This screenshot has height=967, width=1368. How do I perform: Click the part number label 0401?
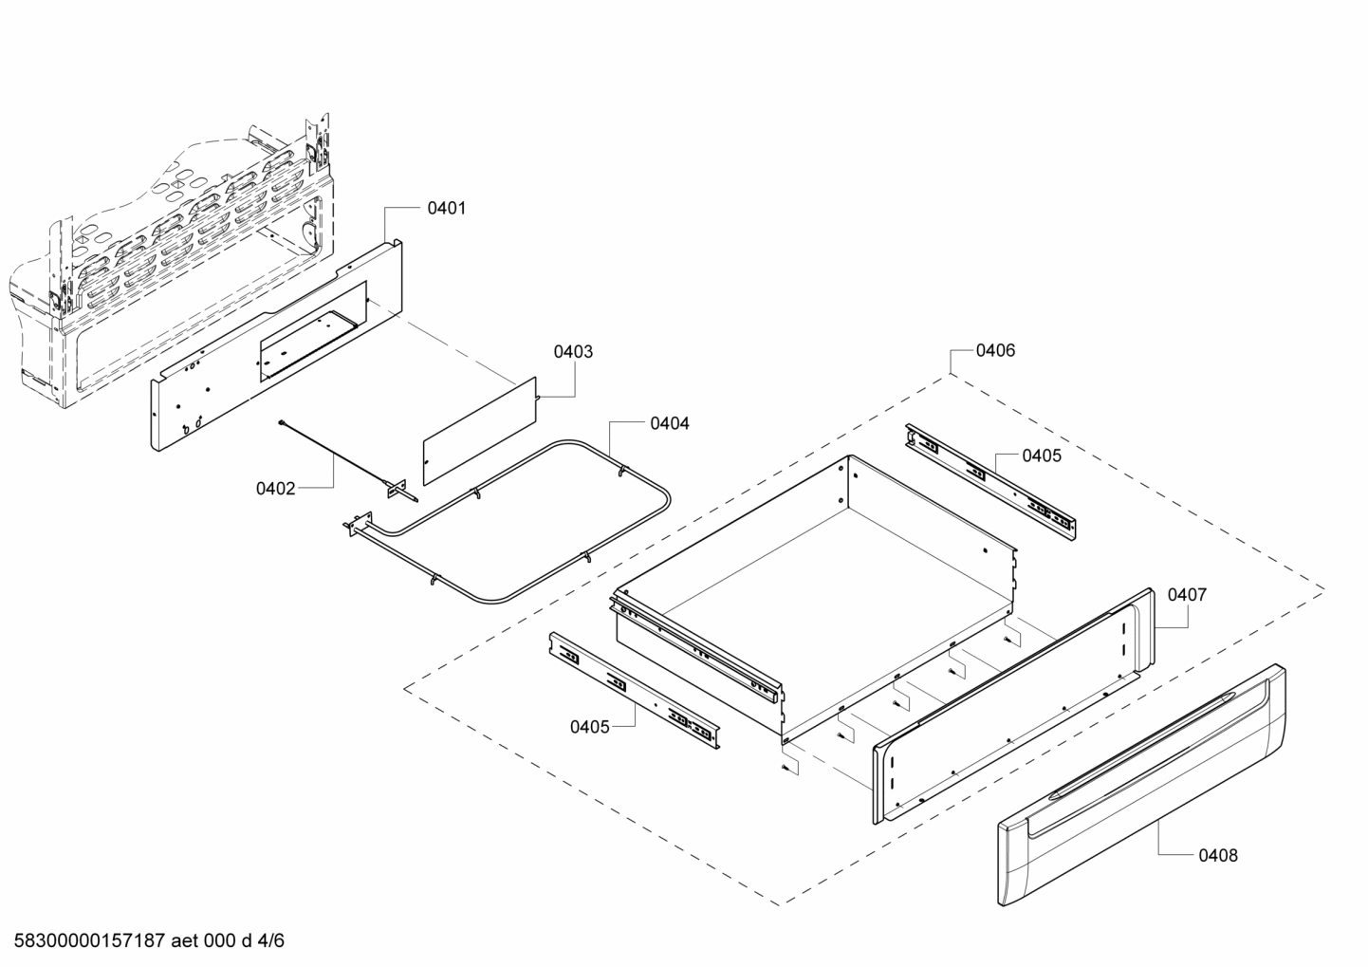pos(446,208)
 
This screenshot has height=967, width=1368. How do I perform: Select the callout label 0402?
pos(275,489)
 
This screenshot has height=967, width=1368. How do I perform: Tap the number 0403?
pos(573,352)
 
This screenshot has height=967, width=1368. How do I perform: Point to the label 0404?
pos(669,423)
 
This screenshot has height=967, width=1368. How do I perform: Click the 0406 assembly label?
pos(995,350)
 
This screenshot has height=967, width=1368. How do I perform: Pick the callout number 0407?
pos(1187,595)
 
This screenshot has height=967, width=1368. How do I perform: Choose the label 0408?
pos(1217,855)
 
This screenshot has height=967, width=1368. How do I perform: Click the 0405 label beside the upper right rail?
pos(1042,456)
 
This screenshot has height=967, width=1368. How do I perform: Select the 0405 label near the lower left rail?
pos(589,727)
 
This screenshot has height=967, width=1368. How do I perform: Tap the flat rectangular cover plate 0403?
pos(479,433)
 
